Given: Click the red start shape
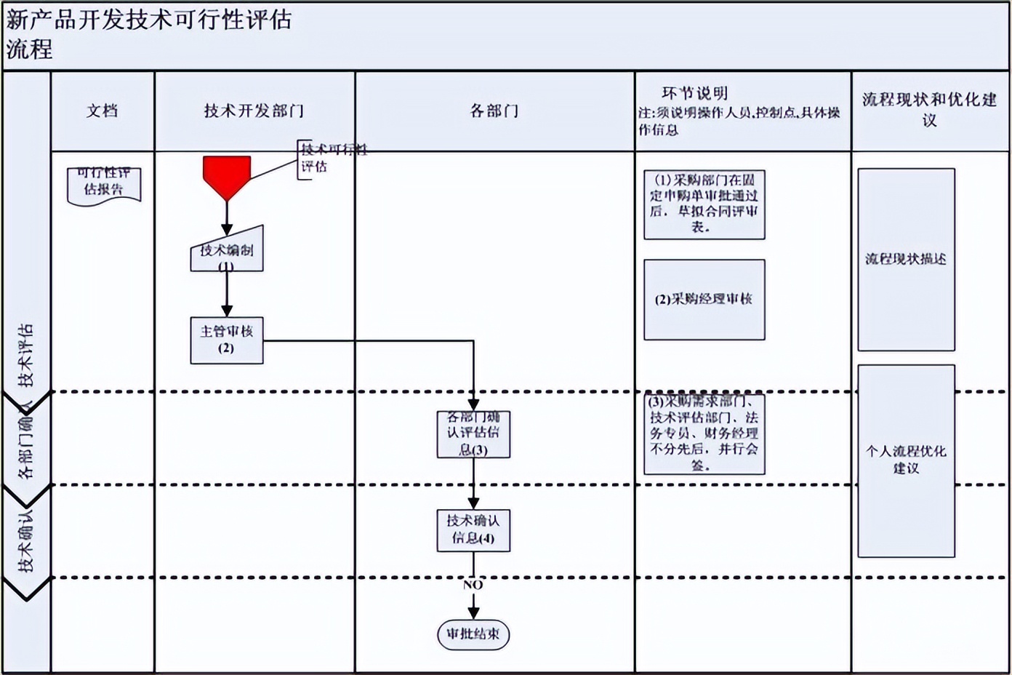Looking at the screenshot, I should point(227,175).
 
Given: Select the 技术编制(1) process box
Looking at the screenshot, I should point(227,252).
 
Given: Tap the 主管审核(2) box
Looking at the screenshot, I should point(227,340).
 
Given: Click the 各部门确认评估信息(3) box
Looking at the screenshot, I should point(473,434).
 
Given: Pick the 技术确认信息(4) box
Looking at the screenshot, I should point(473,530).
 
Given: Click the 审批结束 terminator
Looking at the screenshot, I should point(473,634).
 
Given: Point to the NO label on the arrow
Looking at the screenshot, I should point(473,585).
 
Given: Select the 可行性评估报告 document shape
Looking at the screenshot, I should point(104,185).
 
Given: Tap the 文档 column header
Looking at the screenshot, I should point(103,111).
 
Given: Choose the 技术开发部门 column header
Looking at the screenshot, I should point(254,111).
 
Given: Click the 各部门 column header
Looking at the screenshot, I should point(494,111).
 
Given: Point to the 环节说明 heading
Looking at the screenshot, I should point(694,93).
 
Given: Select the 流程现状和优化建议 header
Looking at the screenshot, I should point(929,109).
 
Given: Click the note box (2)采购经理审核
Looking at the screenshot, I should point(704,300).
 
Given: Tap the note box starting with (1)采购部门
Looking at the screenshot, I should point(704,204).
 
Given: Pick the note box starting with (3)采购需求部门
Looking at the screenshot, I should point(704,434).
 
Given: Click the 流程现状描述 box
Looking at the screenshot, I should point(906,260).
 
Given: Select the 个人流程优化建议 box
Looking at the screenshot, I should point(906,460).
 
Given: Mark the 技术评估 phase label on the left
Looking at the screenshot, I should point(26,355).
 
